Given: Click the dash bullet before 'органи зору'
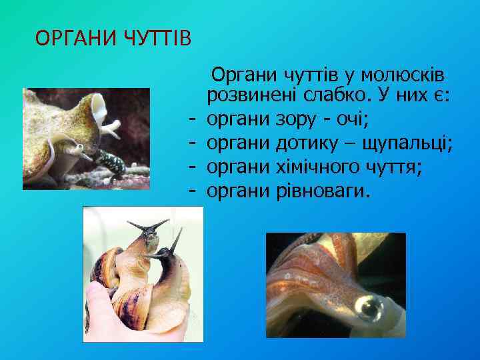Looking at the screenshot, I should pyautogui.click(x=191, y=121).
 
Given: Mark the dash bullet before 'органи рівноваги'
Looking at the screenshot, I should pyautogui.click(x=191, y=191).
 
